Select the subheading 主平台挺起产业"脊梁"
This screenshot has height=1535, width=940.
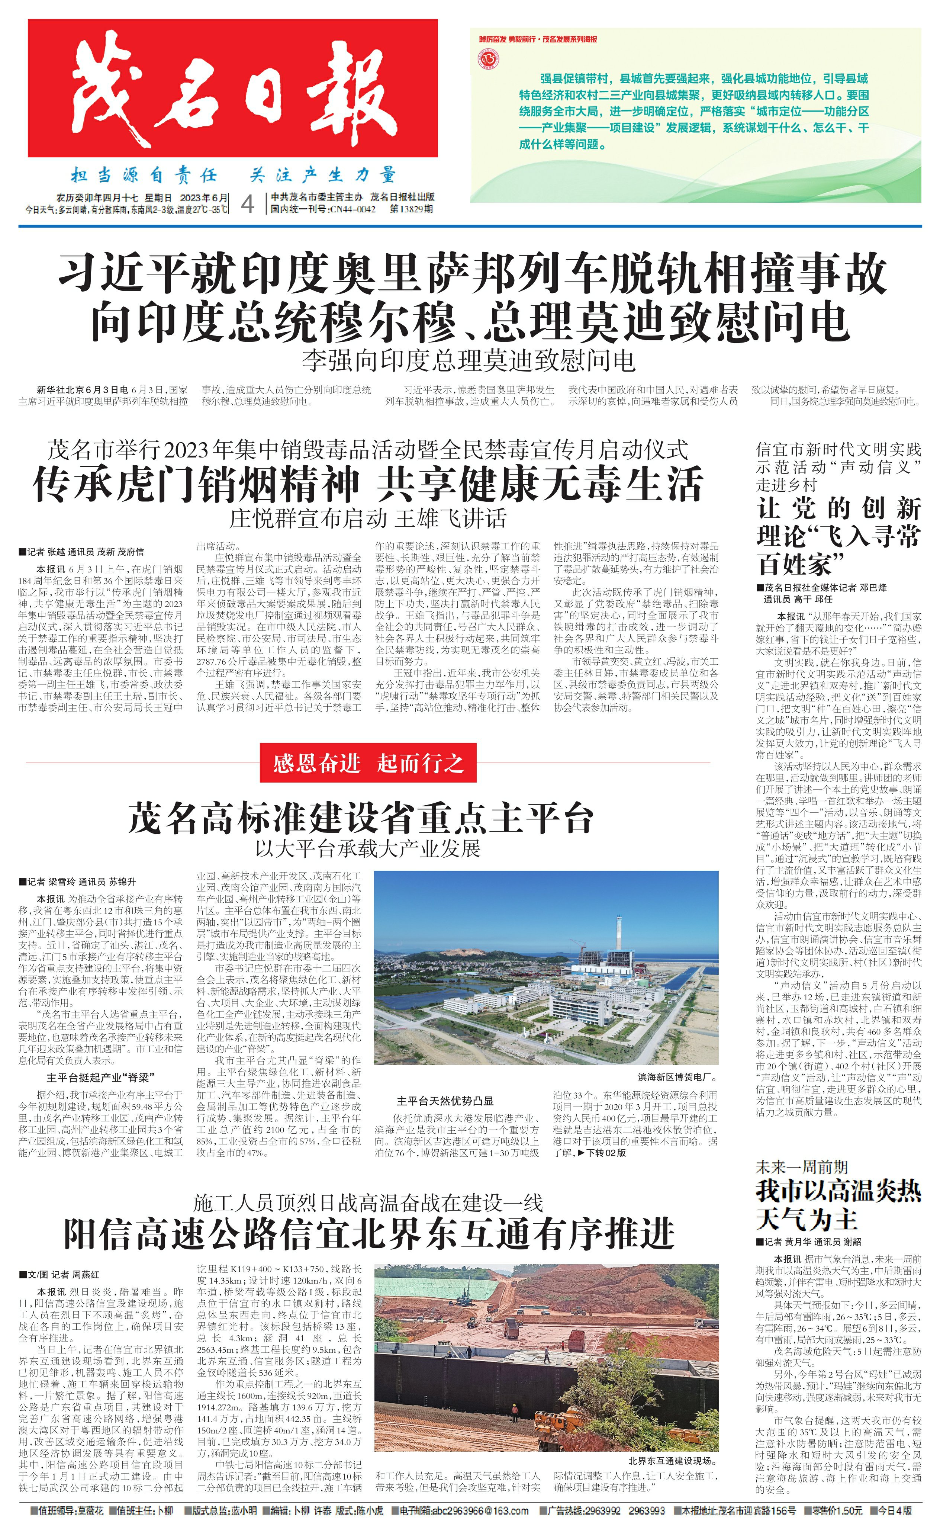point(100,1077)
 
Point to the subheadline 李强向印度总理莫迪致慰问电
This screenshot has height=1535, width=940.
point(469,360)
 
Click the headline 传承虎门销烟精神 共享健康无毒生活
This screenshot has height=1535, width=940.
point(367,484)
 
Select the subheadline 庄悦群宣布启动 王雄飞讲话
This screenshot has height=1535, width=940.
point(367,518)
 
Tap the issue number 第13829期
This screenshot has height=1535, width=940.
point(411,209)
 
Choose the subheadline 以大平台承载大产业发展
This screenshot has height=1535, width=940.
point(367,848)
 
